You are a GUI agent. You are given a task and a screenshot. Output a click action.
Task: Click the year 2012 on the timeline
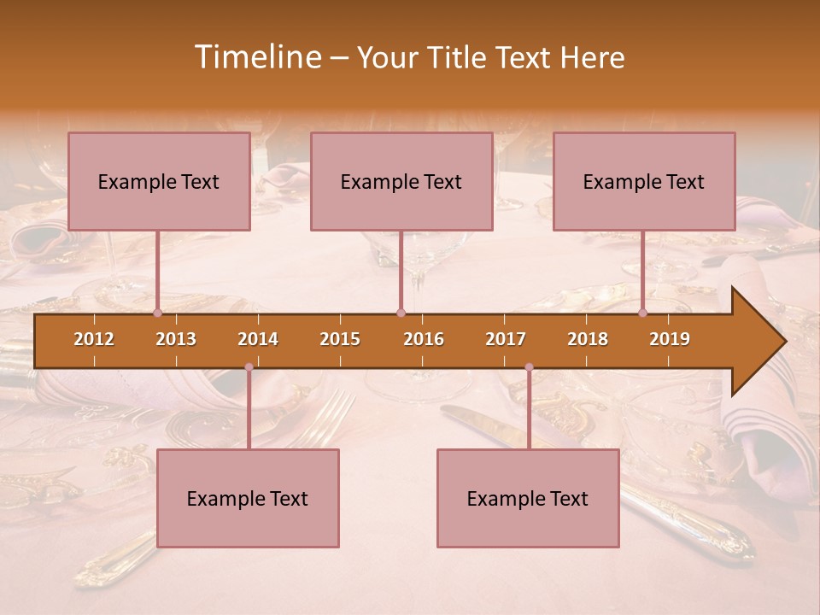[x=94, y=339]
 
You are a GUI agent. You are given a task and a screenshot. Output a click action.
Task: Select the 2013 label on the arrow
[x=176, y=339]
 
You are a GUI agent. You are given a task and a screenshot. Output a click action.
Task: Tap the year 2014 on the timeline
[x=258, y=339]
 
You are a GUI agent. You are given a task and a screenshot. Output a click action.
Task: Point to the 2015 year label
[x=340, y=339]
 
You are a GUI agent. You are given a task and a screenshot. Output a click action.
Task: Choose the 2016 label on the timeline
[x=424, y=339]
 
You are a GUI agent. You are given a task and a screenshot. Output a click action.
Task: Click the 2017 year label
[x=506, y=339]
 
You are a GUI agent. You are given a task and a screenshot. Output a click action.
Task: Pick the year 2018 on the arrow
[x=588, y=339]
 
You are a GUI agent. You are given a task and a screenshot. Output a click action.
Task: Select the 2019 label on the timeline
[x=670, y=339]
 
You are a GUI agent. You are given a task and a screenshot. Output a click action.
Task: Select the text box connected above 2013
[x=159, y=181]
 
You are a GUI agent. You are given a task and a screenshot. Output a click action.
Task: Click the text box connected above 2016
[x=401, y=181]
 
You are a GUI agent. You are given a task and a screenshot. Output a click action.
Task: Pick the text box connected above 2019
[x=644, y=181]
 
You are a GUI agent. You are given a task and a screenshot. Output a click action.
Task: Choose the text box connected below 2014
[x=248, y=498]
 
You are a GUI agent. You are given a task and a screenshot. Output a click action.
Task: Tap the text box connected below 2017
[x=528, y=498]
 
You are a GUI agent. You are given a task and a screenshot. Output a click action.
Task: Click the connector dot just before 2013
[x=157, y=313]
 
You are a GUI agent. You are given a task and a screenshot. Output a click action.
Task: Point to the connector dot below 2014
[x=249, y=367]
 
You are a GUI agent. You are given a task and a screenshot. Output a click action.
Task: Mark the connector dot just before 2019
[x=642, y=313]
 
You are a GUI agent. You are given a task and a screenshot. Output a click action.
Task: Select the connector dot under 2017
[x=529, y=367]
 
